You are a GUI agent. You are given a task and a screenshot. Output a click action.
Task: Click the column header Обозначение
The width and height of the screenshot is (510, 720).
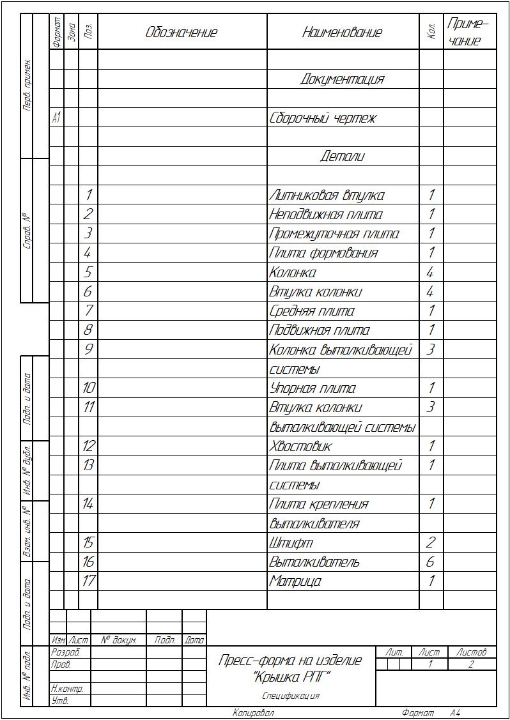tap(182, 32)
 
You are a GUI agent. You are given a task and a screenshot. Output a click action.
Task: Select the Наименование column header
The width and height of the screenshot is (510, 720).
tap(342, 32)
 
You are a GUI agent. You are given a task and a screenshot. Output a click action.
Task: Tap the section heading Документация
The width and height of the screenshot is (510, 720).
tap(343, 79)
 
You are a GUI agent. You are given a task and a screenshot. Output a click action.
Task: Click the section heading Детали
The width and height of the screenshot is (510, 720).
tap(343, 157)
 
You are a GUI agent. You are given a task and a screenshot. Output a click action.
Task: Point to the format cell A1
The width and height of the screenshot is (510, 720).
tap(56, 118)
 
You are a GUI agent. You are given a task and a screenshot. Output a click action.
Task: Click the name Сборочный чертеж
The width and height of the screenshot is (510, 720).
tap(323, 118)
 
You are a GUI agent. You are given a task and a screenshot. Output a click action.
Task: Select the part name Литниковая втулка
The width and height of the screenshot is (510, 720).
tap(327, 195)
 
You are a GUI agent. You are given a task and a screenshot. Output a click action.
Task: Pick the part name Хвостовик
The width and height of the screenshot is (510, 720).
tap(300, 446)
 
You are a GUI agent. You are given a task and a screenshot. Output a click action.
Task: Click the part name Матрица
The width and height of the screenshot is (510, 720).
tap(295, 581)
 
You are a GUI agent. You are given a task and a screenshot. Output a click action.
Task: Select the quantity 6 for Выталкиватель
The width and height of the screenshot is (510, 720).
tap(431, 562)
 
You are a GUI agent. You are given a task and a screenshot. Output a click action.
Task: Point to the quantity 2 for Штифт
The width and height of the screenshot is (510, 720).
tap(431, 543)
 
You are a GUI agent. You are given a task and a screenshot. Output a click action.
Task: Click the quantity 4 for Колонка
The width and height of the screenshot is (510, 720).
tap(431, 273)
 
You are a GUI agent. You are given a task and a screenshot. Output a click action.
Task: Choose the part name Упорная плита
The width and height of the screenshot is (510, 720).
tap(313, 388)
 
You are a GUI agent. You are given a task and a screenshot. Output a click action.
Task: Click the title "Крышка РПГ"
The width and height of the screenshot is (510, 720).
tap(291, 676)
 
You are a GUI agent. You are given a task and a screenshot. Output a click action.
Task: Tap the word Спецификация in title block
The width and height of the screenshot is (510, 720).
tap(291, 696)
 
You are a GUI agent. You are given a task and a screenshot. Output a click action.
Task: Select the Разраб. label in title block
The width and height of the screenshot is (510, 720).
tap(65, 653)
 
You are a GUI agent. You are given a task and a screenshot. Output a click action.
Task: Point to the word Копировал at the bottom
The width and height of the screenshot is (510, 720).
tap(253, 713)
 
